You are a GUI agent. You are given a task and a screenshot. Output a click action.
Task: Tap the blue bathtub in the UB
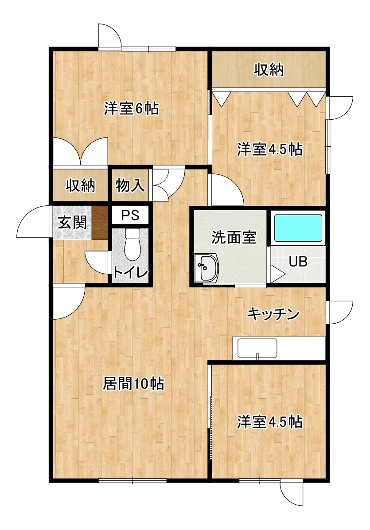click(x=298, y=228)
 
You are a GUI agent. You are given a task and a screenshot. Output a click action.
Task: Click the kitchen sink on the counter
click(x=257, y=348)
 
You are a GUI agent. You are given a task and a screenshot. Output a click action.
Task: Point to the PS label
click(x=130, y=215)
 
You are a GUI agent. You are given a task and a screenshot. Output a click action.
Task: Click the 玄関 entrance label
click(x=72, y=222)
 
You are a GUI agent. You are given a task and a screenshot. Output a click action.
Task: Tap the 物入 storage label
click(x=130, y=185)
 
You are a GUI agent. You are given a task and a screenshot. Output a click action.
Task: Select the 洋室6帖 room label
click(x=131, y=109)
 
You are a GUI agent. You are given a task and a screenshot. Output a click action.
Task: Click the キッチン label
click(x=273, y=314)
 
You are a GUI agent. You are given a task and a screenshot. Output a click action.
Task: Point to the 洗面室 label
click(x=234, y=237)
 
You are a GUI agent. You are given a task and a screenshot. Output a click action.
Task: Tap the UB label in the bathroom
click(x=298, y=261)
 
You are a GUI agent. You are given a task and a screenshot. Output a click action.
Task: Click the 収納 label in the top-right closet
click(x=269, y=70)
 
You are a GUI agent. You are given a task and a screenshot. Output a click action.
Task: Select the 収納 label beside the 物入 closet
click(x=80, y=185)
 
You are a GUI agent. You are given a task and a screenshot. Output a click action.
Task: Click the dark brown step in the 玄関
click(x=100, y=222)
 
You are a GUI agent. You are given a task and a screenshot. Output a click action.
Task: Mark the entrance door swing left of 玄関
click(x=33, y=222)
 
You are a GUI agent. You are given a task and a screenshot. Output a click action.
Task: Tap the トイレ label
click(x=130, y=272)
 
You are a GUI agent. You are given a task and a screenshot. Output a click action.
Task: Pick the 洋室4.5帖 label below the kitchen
click(x=269, y=422)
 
